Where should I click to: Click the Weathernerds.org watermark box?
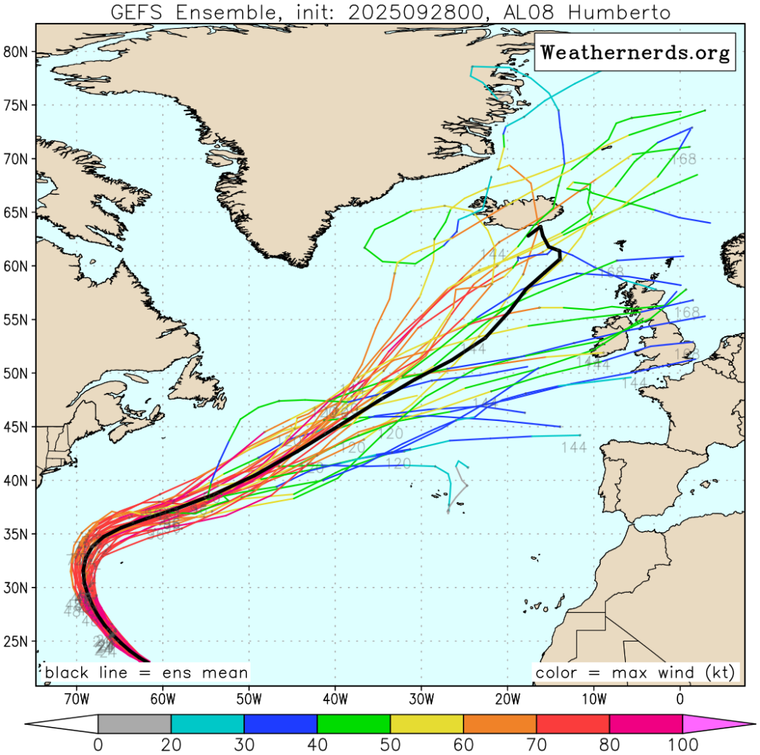click(x=635, y=53)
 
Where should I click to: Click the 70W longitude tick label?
click(x=75, y=697)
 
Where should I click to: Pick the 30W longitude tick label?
click(x=421, y=697)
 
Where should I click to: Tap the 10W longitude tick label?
click(x=594, y=697)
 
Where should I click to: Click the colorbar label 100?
click(x=682, y=743)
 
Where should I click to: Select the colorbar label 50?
click(x=390, y=743)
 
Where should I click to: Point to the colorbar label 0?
click(x=98, y=743)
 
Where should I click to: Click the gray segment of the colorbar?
click(x=134, y=723)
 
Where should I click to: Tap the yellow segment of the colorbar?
click(x=426, y=723)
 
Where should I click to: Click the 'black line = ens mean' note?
click(x=146, y=672)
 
